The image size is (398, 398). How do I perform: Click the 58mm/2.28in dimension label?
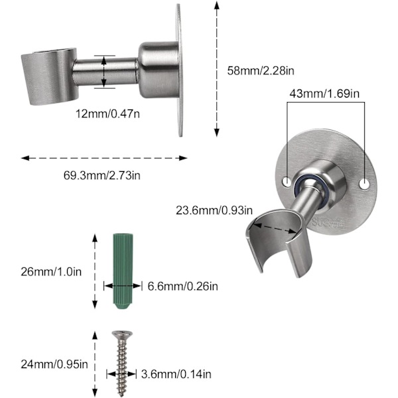click(x=261, y=70)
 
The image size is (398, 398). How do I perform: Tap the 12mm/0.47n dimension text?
click(x=107, y=113)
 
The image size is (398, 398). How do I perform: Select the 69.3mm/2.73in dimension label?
click(x=101, y=175)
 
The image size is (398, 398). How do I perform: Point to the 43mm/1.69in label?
click(x=324, y=94)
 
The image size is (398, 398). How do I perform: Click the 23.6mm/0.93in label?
click(x=214, y=210)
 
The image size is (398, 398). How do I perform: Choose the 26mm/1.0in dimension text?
click(x=51, y=272)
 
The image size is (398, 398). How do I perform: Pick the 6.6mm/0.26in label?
click(x=183, y=287)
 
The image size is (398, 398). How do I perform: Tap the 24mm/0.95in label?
click(x=54, y=364)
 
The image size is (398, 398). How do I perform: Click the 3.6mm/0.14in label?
click(x=176, y=374)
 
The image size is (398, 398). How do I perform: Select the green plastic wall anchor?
click(x=123, y=271)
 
